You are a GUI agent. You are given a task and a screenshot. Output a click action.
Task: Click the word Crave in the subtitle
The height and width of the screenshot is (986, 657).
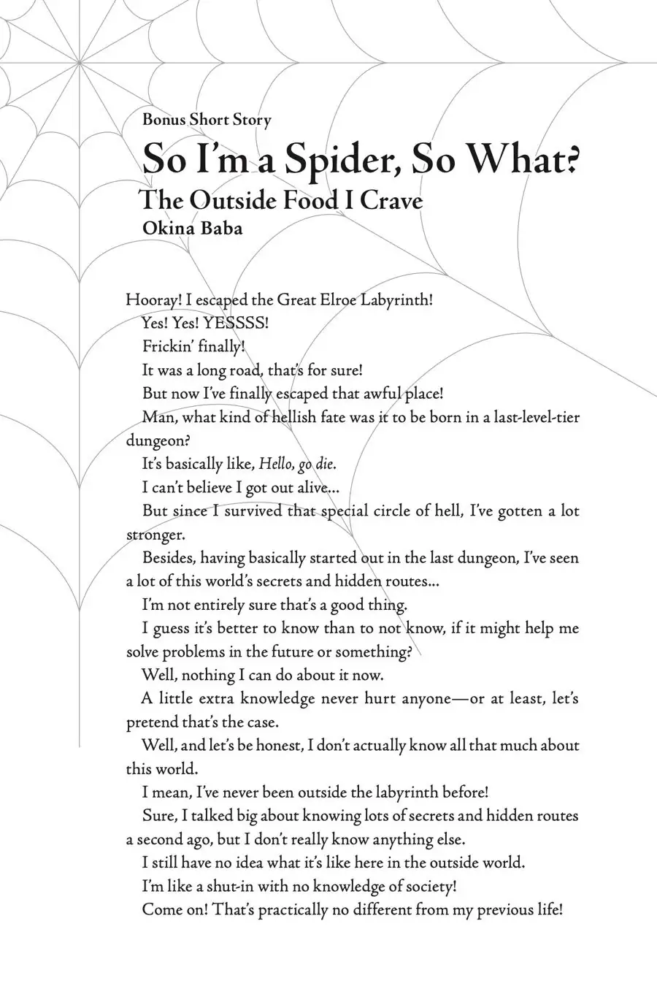[x=392, y=200]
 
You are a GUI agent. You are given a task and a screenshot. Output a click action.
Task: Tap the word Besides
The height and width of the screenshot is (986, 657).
[x=169, y=559]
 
